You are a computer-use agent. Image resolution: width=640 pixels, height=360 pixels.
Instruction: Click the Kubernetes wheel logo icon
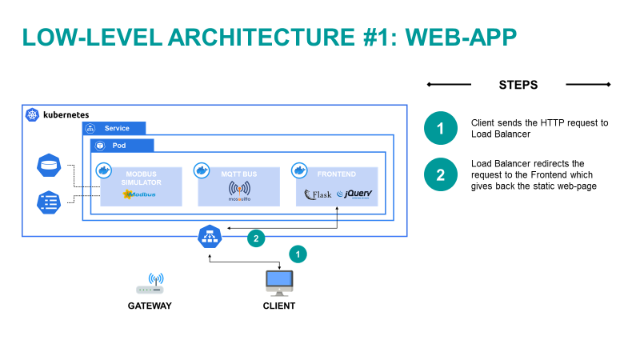coord(33,115)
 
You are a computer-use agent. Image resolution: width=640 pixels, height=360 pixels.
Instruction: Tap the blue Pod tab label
coord(121,146)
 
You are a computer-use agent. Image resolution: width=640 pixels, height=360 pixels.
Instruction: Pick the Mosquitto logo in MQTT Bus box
coord(239,192)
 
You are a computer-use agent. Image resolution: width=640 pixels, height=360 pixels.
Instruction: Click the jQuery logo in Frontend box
coord(354,194)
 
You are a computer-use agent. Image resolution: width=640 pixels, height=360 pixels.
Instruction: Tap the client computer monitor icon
coord(279,282)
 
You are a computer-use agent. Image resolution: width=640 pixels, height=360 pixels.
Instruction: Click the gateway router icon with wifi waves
coord(150,285)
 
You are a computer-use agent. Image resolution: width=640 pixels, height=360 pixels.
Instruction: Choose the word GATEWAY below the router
coord(150,306)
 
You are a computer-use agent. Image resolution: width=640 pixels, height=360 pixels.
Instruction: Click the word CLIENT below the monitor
coord(279,306)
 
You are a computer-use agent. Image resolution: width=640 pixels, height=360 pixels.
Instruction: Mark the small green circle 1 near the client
coord(297,254)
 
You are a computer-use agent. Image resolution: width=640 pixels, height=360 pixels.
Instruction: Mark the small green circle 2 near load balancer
coord(255,238)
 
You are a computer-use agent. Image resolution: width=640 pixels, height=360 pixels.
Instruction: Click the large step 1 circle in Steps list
coord(440,129)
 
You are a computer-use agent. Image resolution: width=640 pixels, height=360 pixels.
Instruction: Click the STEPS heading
coord(518,85)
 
